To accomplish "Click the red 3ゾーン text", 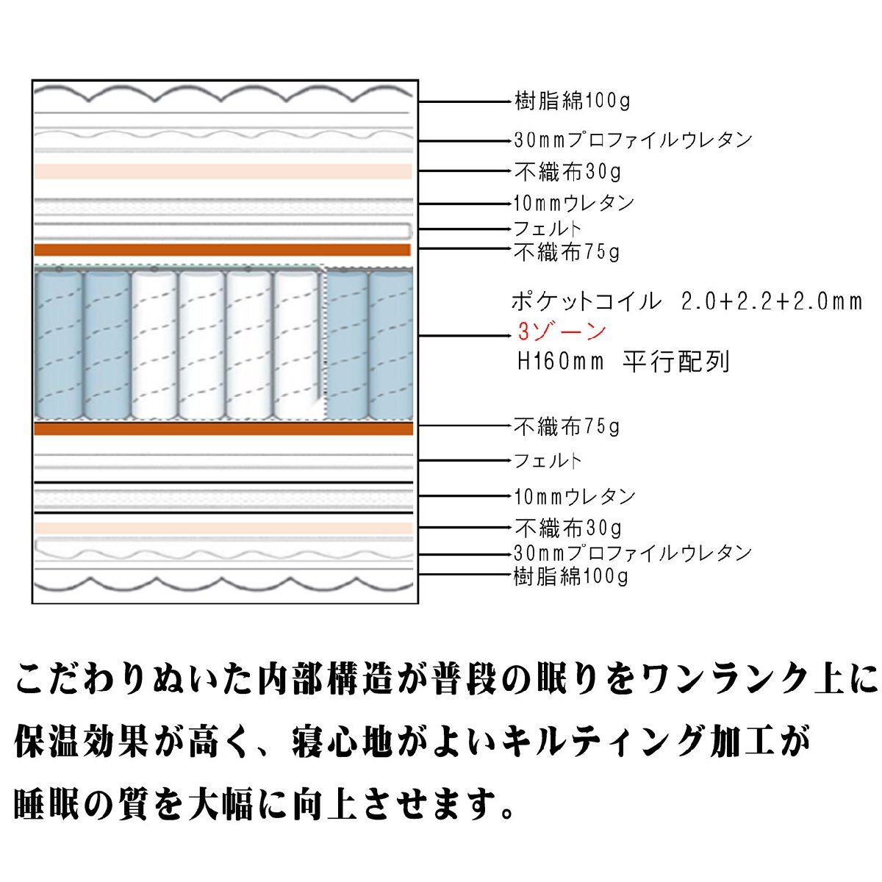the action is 562,331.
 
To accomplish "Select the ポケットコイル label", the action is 587,301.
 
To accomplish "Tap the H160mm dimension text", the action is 561,362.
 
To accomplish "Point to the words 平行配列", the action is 676,362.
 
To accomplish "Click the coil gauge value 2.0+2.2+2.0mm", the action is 772,301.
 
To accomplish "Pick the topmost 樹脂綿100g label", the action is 572,101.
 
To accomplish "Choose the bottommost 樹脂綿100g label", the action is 571,576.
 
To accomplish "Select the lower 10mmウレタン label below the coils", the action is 575,496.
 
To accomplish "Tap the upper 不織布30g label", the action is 567,172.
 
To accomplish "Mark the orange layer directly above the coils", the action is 223,250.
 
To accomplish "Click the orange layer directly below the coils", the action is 224,429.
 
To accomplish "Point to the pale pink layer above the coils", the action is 223,171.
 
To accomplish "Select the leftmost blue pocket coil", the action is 59,345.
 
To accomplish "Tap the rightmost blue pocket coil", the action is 390,345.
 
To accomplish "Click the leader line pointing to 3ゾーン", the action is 465,336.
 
